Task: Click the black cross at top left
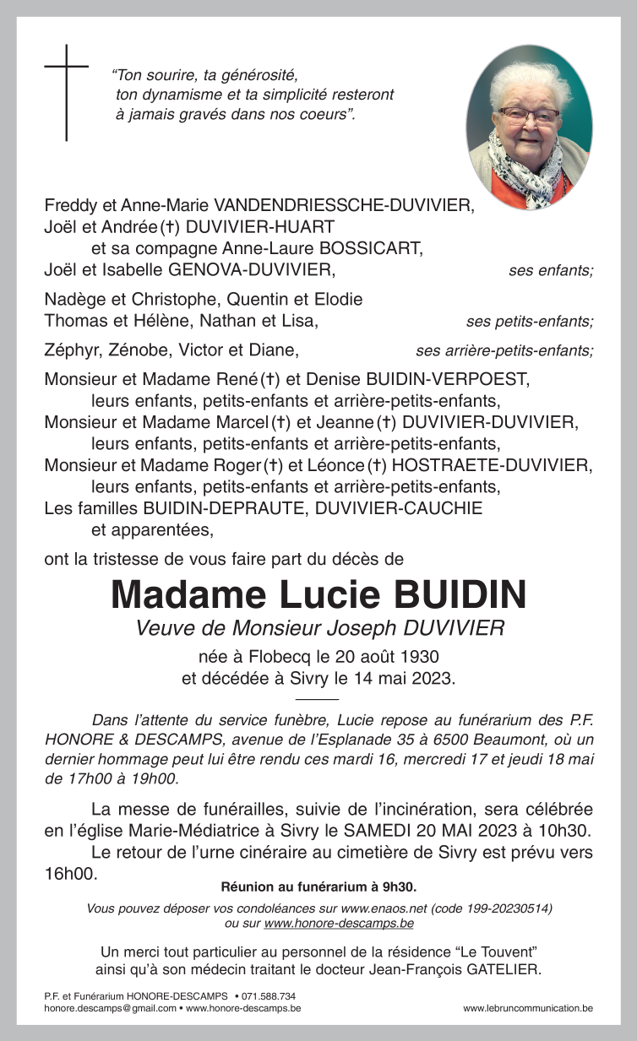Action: click(x=67, y=91)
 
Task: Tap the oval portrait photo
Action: click(x=529, y=127)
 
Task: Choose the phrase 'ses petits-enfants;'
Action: click(x=529, y=322)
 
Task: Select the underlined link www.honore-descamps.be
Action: click(x=339, y=924)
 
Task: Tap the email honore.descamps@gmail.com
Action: click(x=109, y=1008)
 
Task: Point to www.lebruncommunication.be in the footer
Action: click(x=528, y=1008)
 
